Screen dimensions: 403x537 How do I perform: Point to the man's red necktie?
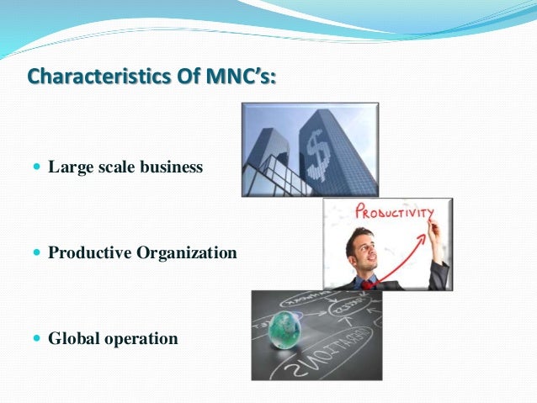(x=369, y=284)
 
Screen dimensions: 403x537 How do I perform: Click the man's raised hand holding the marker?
(x=433, y=230)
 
